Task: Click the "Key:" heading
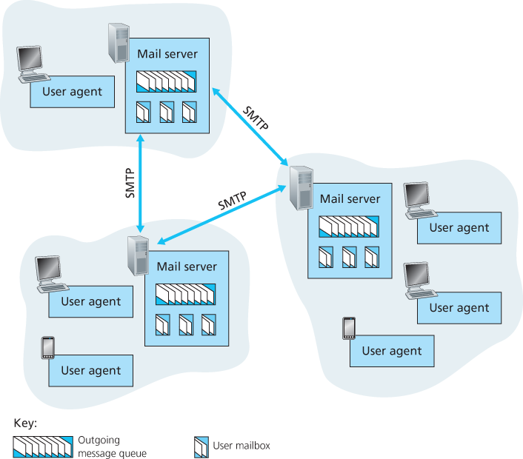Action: point(25,424)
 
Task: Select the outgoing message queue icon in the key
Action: point(43,446)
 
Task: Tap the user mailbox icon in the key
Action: point(200,446)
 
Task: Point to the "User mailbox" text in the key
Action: point(241,446)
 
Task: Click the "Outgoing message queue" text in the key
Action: point(107,446)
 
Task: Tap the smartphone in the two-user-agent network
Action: point(48,347)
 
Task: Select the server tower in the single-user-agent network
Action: point(118,43)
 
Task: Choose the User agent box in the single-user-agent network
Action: point(73,92)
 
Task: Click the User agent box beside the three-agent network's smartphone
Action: point(392,351)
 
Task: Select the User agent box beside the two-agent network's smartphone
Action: point(90,370)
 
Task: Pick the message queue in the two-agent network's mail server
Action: point(185,295)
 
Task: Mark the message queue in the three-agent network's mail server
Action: point(348,226)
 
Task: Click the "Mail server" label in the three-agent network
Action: point(350,199)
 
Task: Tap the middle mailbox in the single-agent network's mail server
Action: point(167,112)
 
